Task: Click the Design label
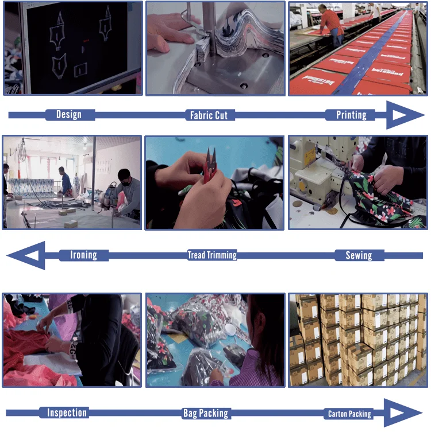click(69, 114)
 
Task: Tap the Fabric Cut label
click(209, 115)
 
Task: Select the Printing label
click(351, 115)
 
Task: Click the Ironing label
click(83, 255)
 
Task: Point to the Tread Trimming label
click(212, 255)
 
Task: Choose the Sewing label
click(359, 255)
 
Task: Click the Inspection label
click(67, 412)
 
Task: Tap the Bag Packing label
click(206, 413)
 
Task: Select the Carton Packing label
click(349, 414)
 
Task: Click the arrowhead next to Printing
click(403, 115)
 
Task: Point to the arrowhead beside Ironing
click(28, 255)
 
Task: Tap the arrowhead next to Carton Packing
click(402, 413)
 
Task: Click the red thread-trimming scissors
click(210, 166)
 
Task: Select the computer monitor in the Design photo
click(80, 48)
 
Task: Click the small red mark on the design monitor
click(86, 41)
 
